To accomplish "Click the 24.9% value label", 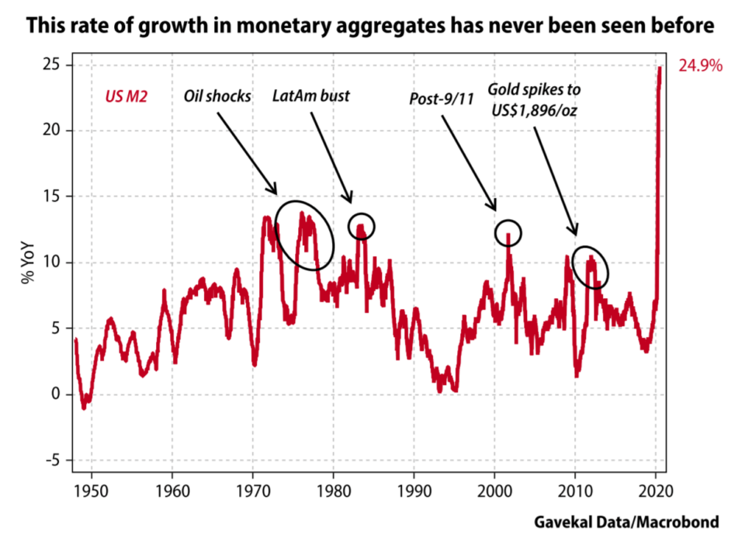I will (701, 66).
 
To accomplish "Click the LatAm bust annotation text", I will (311, 96).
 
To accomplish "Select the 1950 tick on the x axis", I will (92, 491).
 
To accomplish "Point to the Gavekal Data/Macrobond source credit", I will (626, 523).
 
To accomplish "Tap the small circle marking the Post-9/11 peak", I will (508, 232).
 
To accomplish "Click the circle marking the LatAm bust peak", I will (361, 226).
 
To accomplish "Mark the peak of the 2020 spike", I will (660, 68).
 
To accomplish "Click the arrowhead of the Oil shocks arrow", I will (275, 192).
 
